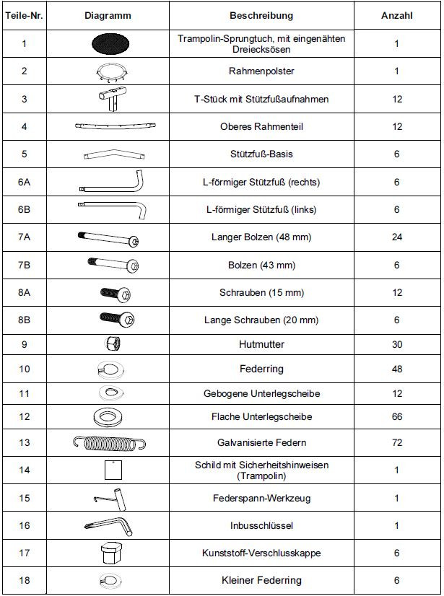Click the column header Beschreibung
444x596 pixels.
261,15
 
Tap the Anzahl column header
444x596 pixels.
396,15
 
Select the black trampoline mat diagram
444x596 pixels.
111,43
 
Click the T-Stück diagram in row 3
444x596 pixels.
111,99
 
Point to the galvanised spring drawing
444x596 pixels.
111,442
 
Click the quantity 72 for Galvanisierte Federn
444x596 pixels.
396,442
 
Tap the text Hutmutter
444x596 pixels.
261,344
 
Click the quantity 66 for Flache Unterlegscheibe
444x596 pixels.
396,417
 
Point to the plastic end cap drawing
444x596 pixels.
111,553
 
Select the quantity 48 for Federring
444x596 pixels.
396,369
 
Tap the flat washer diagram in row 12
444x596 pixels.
111,417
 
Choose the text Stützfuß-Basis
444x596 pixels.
261,154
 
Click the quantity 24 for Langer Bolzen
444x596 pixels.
396,237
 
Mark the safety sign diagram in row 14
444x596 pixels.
111,470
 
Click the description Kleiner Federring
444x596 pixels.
261,580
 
